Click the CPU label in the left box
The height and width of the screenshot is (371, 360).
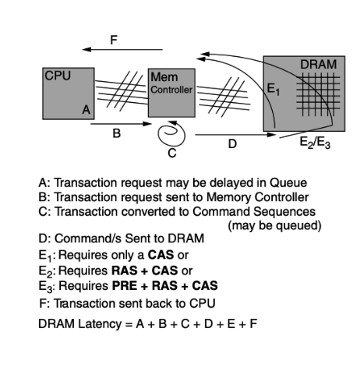(x=58, y=76)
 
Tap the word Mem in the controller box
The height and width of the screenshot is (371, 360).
(x=164, y=77)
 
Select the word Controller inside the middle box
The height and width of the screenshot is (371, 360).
(x=171, y=90)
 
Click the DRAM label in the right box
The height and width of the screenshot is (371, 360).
(x=318, y=65)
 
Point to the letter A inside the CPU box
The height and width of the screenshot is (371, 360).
(x=86, y=110)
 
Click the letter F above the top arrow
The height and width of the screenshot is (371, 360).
(x=114, y=41)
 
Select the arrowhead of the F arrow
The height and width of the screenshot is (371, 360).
(x=86, y=49)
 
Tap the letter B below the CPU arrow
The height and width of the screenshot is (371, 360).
(x=117, y=133)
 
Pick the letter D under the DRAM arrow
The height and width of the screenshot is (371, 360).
(x=232, y=143)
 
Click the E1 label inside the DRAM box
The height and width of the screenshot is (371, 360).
(x=273, y=89)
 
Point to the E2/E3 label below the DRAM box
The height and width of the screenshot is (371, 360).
(x=315, y=143)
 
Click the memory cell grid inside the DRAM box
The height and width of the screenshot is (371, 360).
(x=318, y=94)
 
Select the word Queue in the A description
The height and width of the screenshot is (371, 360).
(x=288, y=183)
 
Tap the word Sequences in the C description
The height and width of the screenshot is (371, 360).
(x=284, y=211)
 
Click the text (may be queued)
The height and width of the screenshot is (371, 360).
(x=274, y=225)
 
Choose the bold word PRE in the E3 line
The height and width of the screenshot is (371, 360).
(x=125, y=286)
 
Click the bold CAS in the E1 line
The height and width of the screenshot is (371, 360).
(x=161, y=255)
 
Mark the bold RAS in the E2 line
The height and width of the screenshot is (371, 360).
(x=125, y=270)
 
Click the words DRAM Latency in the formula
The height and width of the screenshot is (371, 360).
(x=79, y=324)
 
